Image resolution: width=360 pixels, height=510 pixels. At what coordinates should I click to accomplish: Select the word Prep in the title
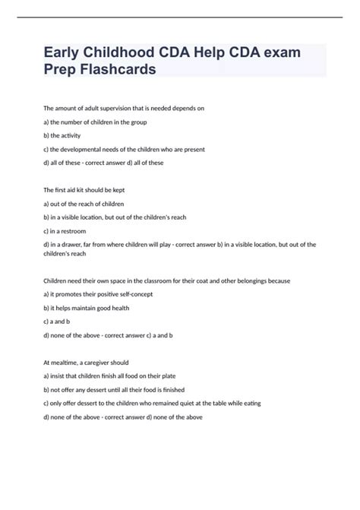point(68,69)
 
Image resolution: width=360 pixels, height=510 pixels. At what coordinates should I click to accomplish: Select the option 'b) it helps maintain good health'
point(98,308)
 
